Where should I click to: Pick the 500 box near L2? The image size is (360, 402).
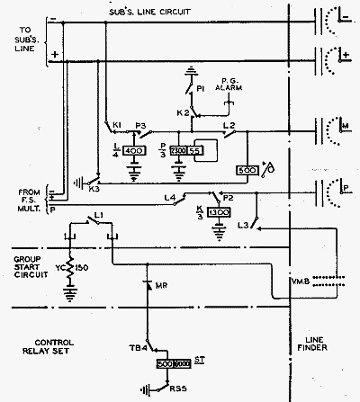pos(246,170)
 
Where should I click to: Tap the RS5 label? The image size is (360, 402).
pos(168,392)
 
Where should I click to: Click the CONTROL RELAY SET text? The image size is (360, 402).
pos(60,349)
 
